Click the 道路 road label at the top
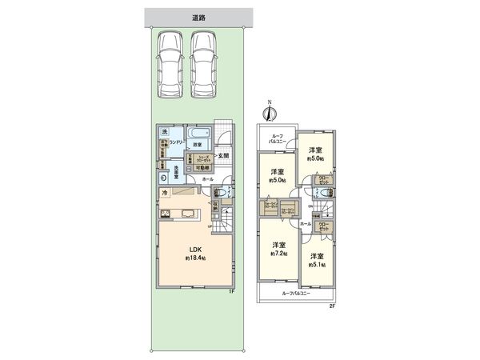tap(198, 17)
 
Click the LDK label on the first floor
tap(194, 250)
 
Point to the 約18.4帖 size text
tap(194, 259)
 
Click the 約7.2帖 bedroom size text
tap(278, 253)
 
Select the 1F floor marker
tap(229, 292)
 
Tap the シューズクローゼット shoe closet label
tap(204, 157)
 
